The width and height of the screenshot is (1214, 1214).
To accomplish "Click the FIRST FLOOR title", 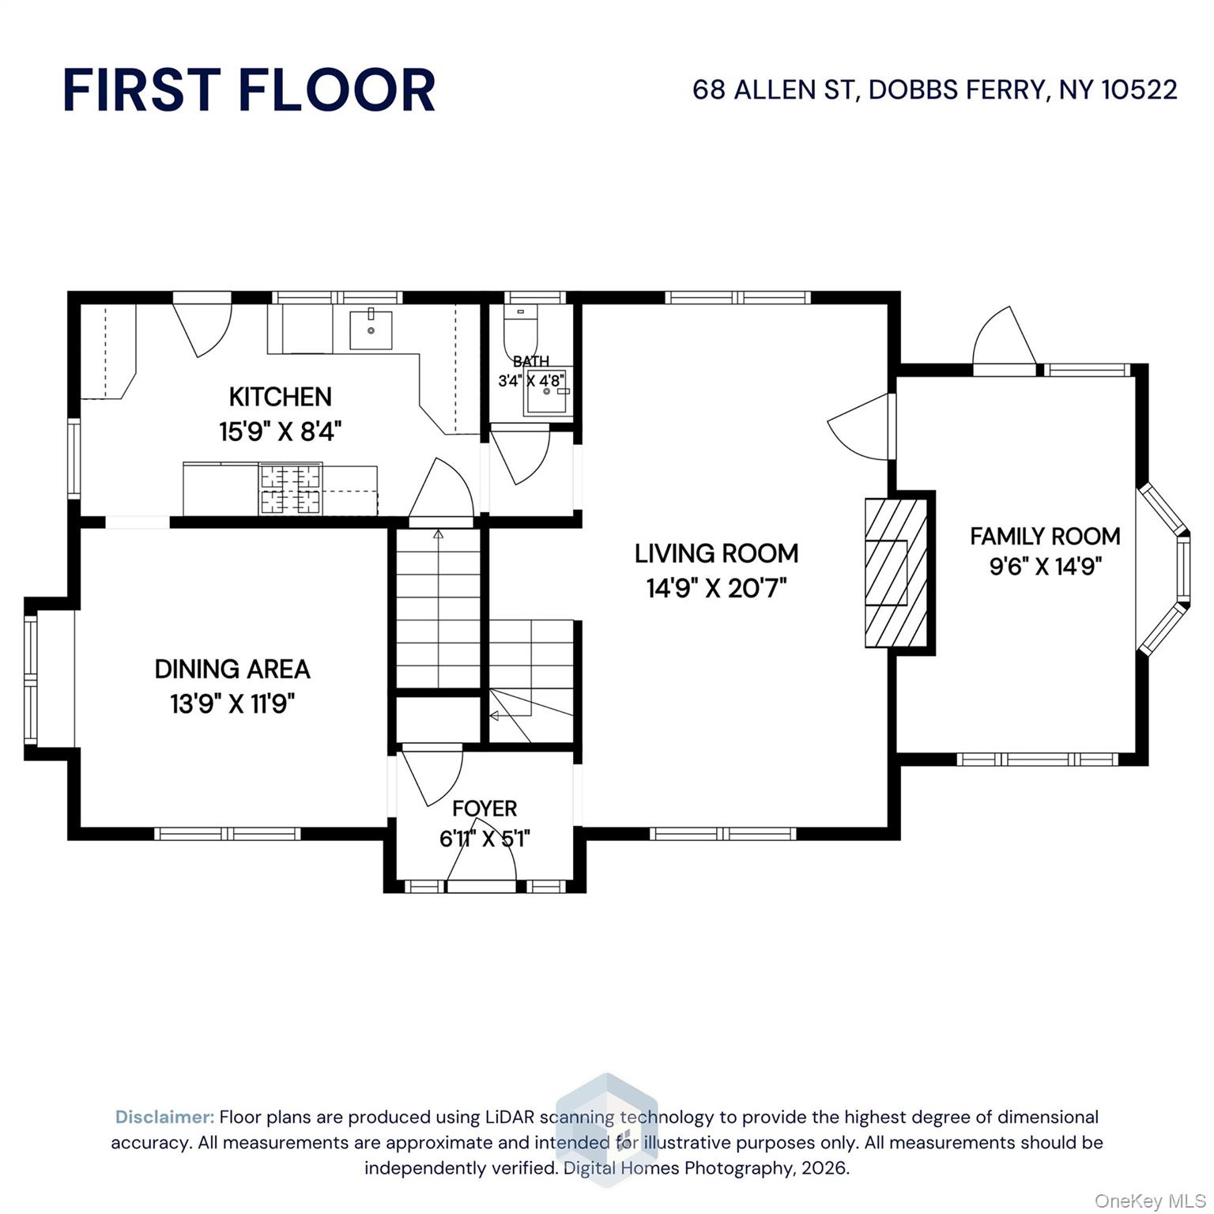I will pos(249,90).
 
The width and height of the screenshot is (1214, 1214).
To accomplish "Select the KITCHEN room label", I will pos(280,397).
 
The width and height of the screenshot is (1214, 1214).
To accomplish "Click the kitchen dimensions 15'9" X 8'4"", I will pos(280,432).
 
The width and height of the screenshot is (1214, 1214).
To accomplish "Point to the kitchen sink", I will pos(371,330).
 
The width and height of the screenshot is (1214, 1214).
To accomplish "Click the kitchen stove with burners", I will pos(290,489).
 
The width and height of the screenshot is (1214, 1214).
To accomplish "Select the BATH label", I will pos(530,361).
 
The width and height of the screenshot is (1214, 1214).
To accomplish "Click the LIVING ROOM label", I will pos(716,553).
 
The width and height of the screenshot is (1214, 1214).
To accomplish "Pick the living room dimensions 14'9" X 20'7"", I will pos(716,588).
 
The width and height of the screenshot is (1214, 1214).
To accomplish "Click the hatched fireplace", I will pos(896,573).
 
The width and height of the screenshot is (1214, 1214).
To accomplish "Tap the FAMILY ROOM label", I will pos(1045,537).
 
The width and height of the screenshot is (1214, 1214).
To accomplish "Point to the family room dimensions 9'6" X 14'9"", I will pos(1045,567).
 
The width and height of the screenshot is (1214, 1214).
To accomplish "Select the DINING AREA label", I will pos(232,669).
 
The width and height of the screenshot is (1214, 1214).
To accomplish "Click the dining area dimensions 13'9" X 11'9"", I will pos(232,703).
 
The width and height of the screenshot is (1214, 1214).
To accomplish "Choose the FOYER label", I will pos(484,809).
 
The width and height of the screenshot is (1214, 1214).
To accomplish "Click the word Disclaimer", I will pos(164,1117).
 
